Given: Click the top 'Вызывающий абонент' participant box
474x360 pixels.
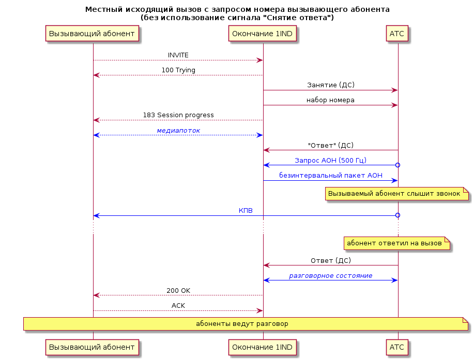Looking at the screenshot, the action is [x=92, y=33].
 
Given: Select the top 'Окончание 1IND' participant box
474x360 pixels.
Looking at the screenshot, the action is [x=263, y=33].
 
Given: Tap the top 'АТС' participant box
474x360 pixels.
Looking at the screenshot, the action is [x=397, y=33].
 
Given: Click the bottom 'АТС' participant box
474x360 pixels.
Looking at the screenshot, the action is [x=397, y=347].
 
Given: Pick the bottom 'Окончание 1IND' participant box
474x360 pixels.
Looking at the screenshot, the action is [x=263, y=347].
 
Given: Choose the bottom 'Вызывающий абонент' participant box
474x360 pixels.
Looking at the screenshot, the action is [x=92, y=347].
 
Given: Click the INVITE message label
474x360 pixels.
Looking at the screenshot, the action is [x=178, y=55].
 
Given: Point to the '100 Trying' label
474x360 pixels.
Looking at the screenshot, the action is [x=178, y=70].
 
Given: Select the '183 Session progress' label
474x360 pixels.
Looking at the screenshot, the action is [x=178, y=115].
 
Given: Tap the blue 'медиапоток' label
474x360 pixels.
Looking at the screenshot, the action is [x=178, y=131].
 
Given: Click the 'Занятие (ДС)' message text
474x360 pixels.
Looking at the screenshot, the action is [x=331, y=85].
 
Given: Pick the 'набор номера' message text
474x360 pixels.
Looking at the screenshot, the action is [x=330, y=100].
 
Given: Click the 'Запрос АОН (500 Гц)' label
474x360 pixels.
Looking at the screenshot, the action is [x=330, y=160].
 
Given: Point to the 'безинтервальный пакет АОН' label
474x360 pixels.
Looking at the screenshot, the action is [x=331, y=176].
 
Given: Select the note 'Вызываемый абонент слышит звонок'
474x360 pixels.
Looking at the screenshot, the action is [x=397, y=194].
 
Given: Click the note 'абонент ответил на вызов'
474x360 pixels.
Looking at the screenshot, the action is [x=397, y=243].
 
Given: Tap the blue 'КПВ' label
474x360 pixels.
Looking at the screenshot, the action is [x=246, y=211].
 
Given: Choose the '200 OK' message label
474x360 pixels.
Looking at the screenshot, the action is [x=178, y=291].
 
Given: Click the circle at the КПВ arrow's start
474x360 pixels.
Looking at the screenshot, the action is [x=398, y=215].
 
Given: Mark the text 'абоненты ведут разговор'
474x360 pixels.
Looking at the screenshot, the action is [x=242, y=324].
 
